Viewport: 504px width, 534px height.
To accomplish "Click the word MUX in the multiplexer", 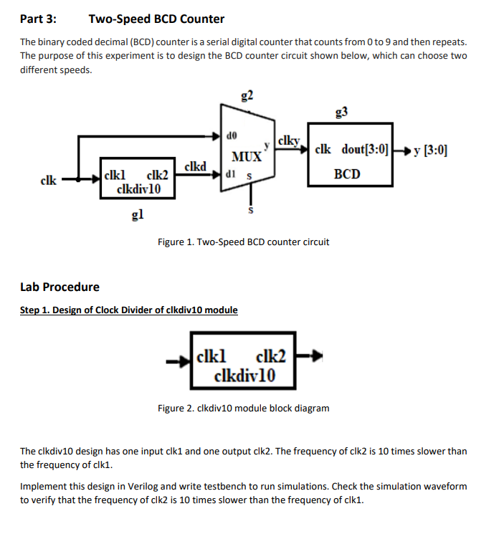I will [x=245, y=156].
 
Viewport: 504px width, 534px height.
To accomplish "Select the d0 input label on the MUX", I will [x=231, y=134].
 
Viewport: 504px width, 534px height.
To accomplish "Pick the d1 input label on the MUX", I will [x=231, y=174].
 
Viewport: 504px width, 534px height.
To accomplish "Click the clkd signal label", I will [x=196, y=166].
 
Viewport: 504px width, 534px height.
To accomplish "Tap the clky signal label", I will [x=288, y=141].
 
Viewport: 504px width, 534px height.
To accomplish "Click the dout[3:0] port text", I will [x=365, y=150].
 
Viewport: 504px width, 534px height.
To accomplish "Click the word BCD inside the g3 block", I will [x=347, y=174].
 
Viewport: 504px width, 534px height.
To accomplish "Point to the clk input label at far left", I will [x=48, y=181].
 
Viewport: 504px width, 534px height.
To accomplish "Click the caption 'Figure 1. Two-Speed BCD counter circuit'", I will [x=243, y=242].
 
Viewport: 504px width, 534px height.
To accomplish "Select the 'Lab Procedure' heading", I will [x=60, y=287].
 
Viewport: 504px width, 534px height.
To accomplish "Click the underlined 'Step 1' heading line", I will [x=128, y=310].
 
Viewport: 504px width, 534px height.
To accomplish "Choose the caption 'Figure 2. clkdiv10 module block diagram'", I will [x=243, y=408].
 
